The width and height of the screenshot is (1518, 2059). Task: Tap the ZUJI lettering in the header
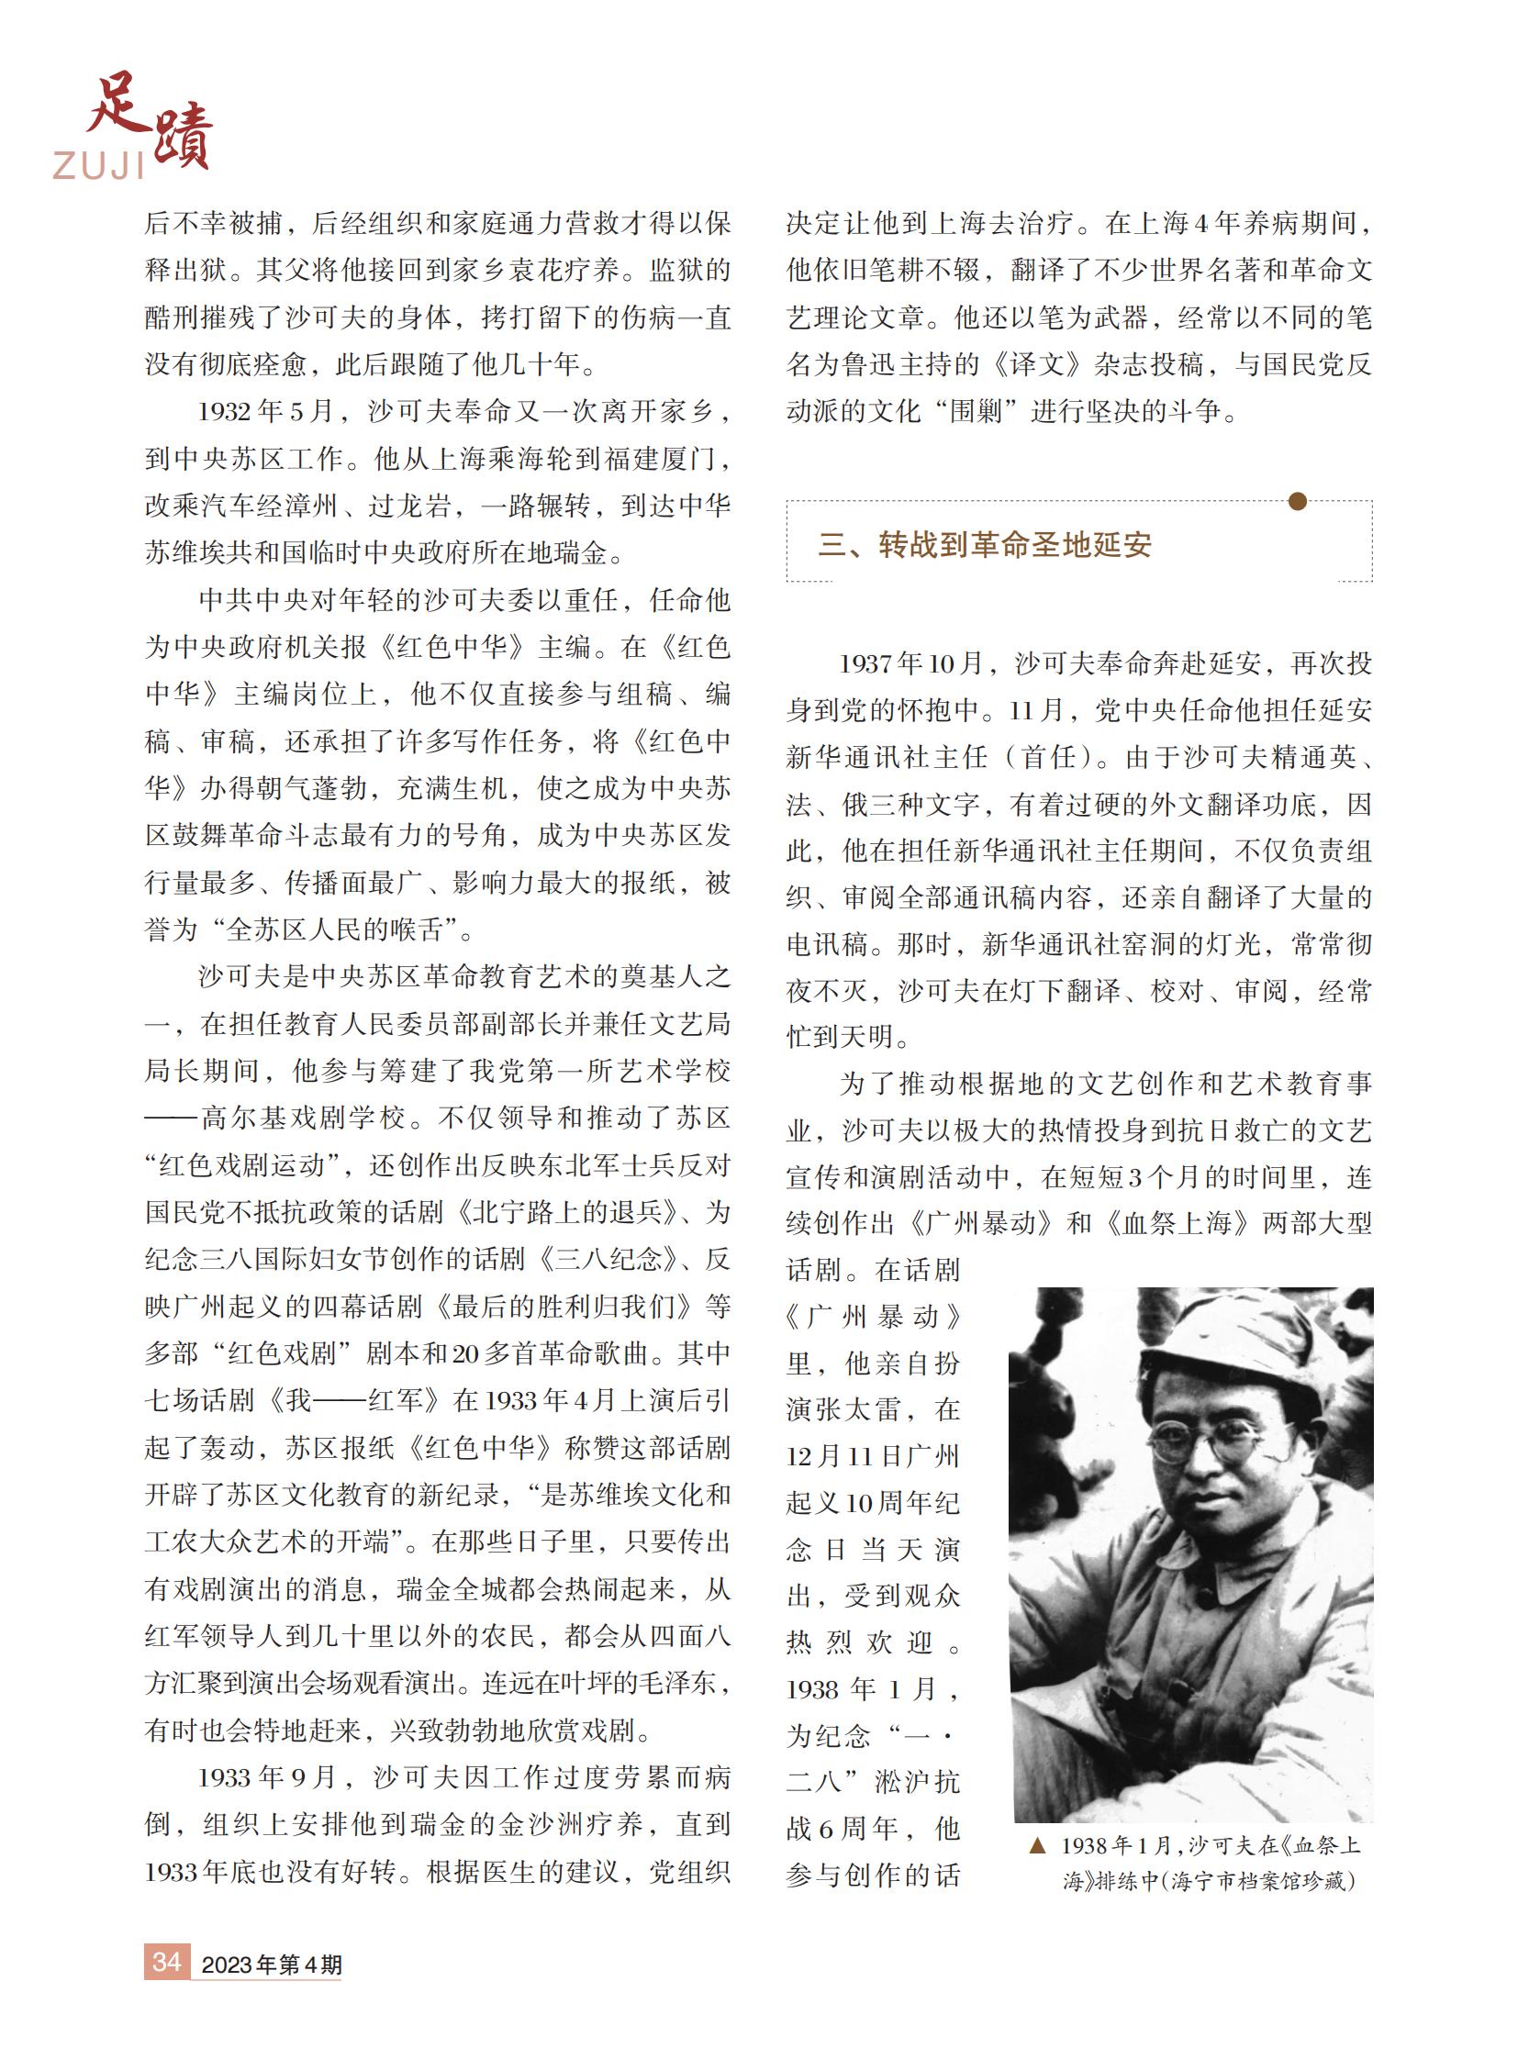coord(98,165)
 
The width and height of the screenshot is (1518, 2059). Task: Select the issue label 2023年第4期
coord(271,1964)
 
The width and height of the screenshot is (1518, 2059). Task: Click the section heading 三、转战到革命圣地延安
coord(984,545)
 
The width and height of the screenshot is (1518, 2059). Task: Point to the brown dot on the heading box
coord(1297,501)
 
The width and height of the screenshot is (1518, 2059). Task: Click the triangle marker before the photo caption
coord(1036,1845)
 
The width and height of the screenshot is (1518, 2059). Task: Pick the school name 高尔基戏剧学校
coord(302,1118)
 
